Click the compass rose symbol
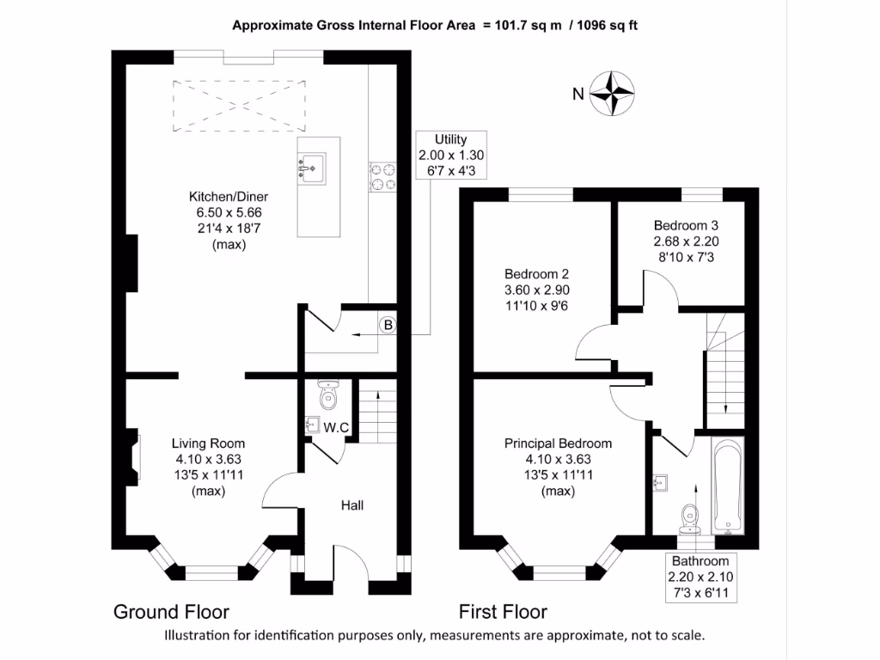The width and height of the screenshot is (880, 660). pos(612,92)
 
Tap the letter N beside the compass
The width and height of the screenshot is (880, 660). pos(578,94)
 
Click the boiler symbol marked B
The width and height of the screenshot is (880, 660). pos(388,325)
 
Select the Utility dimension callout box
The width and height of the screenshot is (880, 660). pos(450,155)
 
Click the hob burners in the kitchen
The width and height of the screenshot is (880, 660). pos(382,176)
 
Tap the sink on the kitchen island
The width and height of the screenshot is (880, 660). pos(312,166)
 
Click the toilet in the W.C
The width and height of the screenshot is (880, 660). pos(328,396)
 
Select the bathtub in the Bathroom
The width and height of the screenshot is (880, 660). pos(727,485)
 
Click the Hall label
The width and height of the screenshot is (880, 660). pos(352,505)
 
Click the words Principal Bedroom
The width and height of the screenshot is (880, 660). pos(558,443)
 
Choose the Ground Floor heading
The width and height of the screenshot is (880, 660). pos(171,612)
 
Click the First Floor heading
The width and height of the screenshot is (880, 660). pos(503,612)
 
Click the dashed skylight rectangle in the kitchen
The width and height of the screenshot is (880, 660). pos(239,105)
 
